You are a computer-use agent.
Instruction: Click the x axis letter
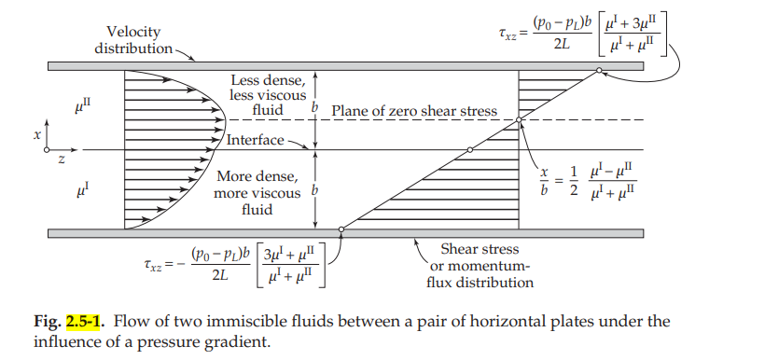pos(37,134)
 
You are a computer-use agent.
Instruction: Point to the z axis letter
pos(62,159)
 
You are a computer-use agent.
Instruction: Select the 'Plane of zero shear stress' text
pos(413,110)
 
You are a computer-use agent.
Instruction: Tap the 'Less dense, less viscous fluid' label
pos(265,95)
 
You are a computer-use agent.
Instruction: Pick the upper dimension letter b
pos(316,109)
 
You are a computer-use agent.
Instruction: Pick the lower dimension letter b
pos(316,191)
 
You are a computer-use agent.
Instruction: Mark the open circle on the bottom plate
pos(341,228)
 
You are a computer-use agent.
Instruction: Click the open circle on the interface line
pos(469,149)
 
